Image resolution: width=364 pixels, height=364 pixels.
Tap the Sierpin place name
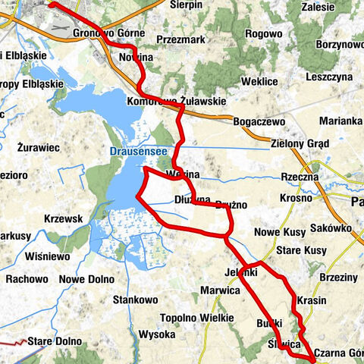tap(187, 5)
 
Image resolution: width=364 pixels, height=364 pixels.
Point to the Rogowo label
tap(264, 33)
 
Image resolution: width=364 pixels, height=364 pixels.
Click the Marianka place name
tap(340, 121)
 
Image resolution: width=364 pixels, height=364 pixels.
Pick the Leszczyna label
tap(329, 77)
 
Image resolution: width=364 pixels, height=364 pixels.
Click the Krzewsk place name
tap(63, 218)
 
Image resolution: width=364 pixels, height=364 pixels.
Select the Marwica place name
tap(220, 290)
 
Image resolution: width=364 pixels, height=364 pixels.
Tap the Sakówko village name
tap(329, 227)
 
